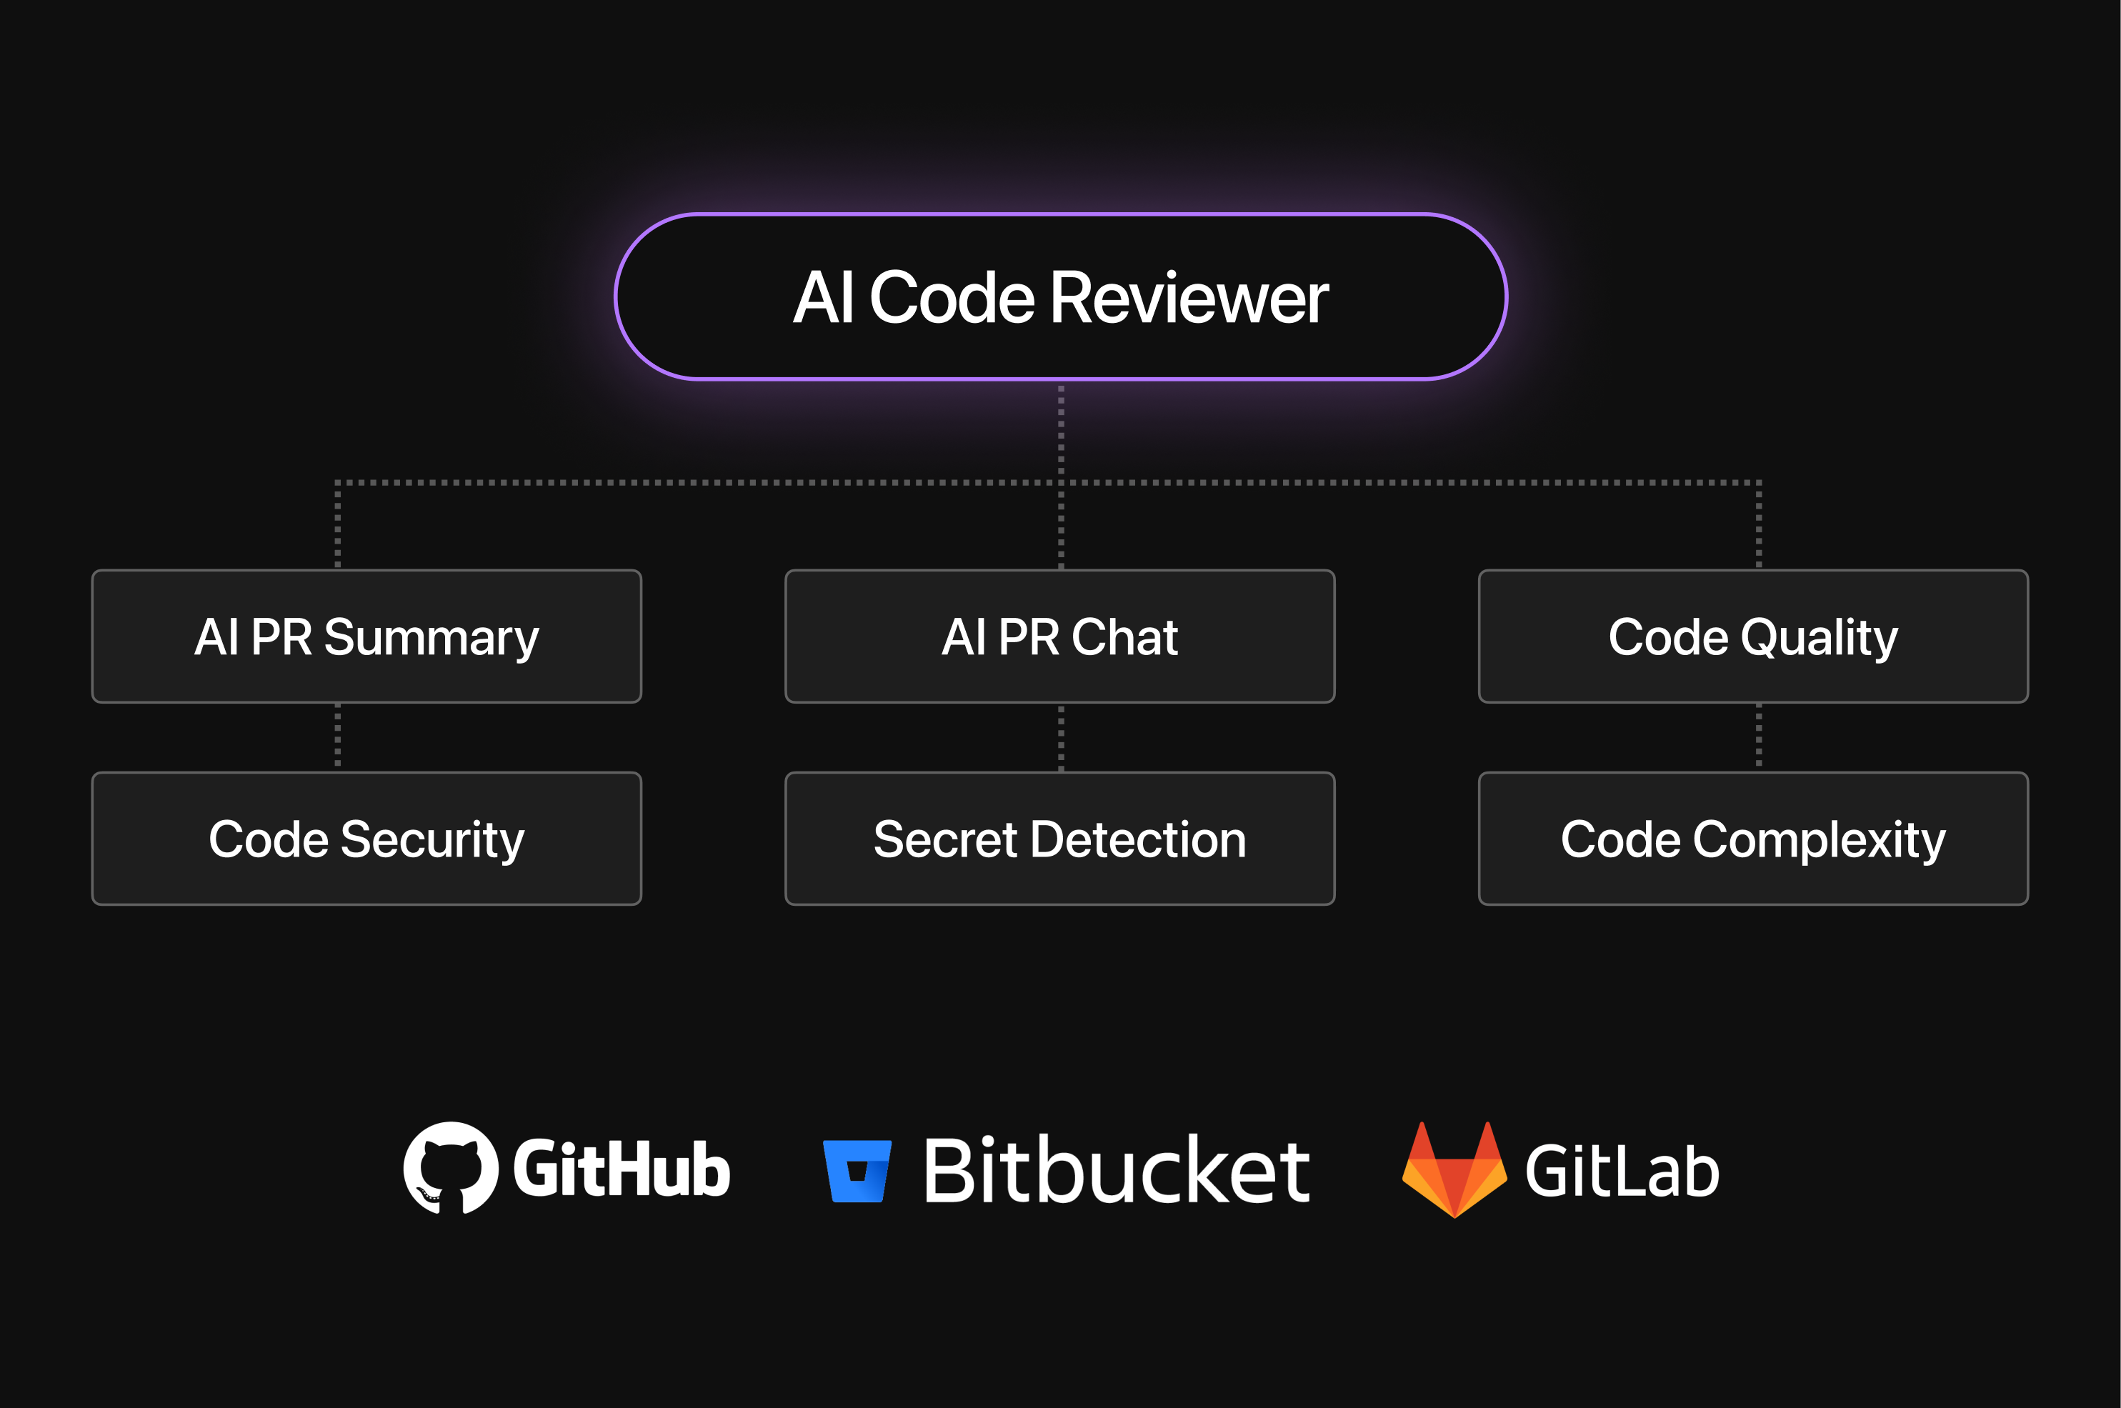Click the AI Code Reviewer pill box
tap(1059, 296)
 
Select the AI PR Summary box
tap(366, 636)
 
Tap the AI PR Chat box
tap(1059, 636)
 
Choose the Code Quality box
tap(1753, 636)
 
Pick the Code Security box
tap(366, 838)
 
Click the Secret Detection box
tap(1059, 838)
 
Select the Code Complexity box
tap(1753, 838)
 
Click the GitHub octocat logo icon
tap(451, 1167)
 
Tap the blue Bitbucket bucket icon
tap(857, 1171)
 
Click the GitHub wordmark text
tap(622, 1169)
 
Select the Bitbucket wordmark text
tap(1117, 1169)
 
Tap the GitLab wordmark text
tap(1622, 1171)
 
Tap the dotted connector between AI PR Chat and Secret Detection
tap(1060, 737)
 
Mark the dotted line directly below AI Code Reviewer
tap(1060, 431)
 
